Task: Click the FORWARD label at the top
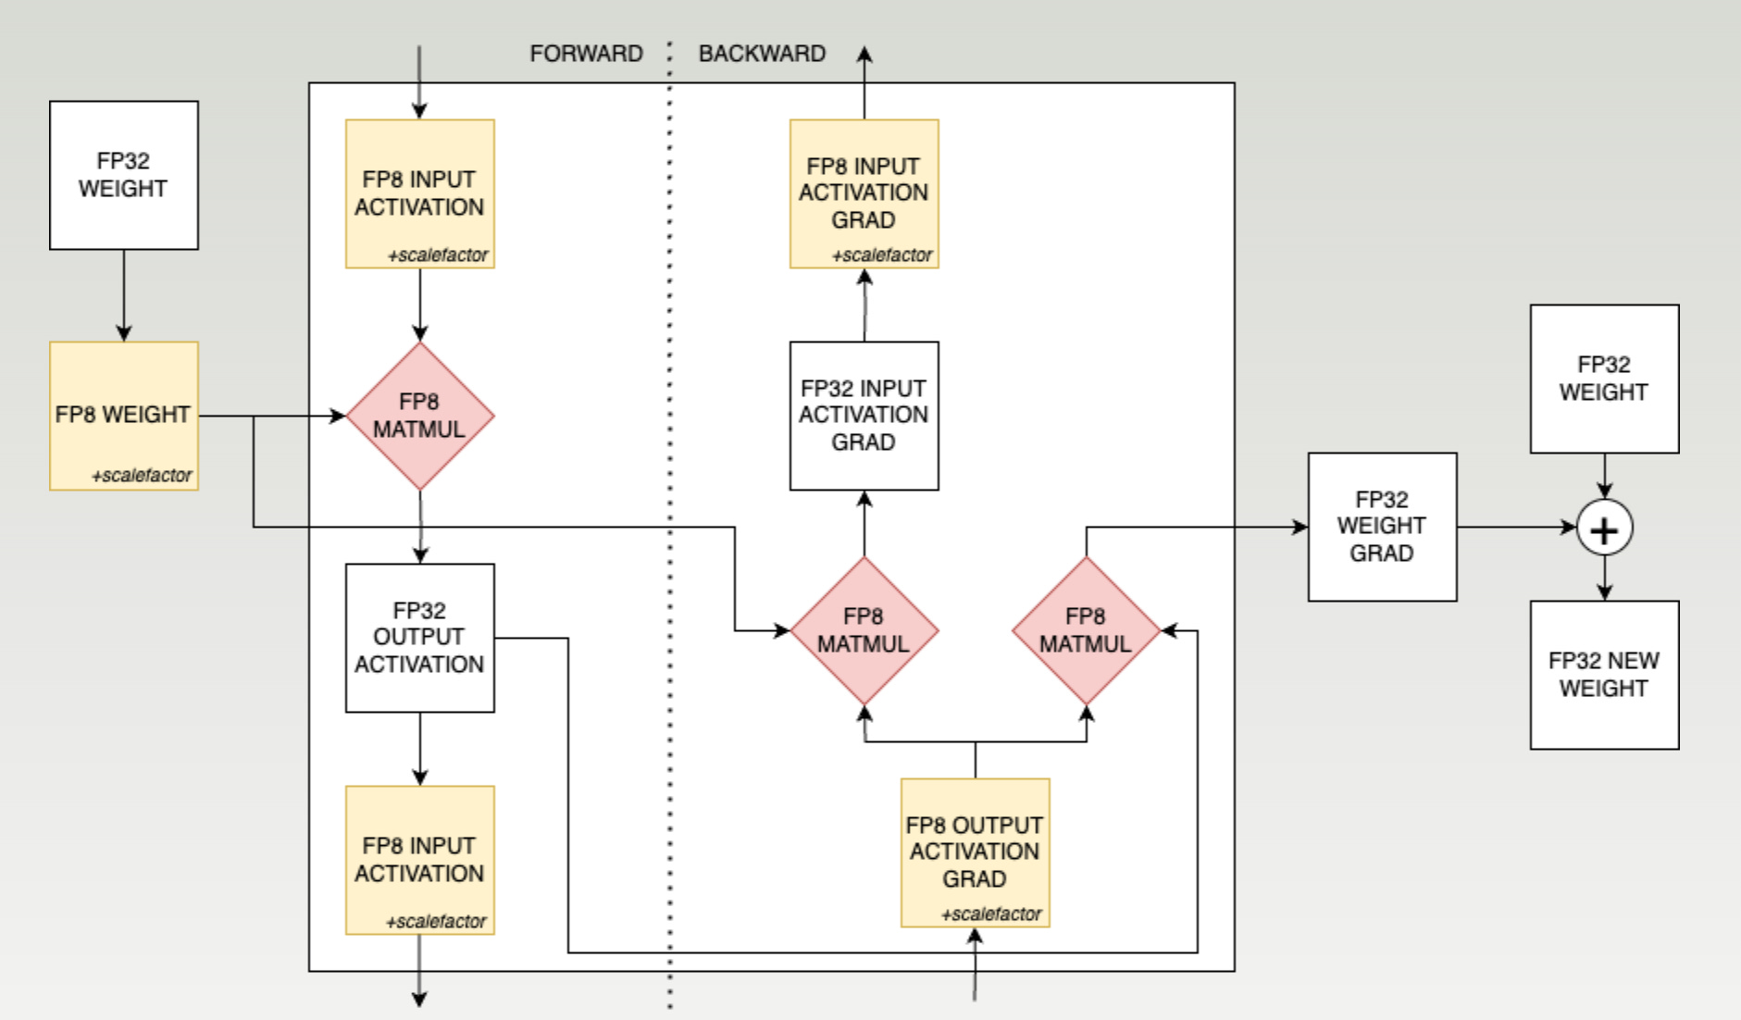(x=586, y=54)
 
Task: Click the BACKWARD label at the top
(x=762, y=54)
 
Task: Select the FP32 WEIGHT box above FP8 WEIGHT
(x=124, y=175)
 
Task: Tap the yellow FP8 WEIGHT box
(x=124, y=416)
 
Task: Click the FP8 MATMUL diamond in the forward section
(x=419, y=416)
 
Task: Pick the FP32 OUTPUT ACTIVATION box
(x=419, y=638)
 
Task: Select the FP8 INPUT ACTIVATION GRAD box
(x=864, y=193)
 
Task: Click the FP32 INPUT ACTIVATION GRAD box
(x=864, y=416)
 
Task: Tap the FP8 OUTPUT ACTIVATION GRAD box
(x=975, y=852)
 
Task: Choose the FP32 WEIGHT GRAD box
(x=1382, y=527)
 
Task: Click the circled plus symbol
(x=1604, y=529)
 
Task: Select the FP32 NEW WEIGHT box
(x=1604, y=675)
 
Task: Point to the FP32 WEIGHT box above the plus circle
(x=1604, y=379)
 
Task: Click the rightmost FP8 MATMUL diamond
(x=1086, y=630)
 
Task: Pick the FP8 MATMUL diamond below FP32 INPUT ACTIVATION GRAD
(x=864, y=630)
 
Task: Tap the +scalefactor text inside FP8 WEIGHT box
(x=142, y=476)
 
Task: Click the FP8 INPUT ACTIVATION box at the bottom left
(x=419, y=860)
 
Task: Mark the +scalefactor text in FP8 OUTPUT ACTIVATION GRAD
(x=991, y=914)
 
